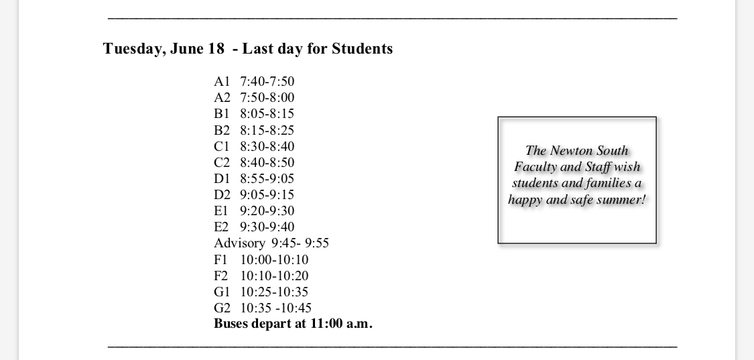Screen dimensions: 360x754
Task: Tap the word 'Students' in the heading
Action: (362, 49)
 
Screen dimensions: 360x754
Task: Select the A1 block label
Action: (222, 82)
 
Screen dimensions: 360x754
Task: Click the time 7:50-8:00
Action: (267, 98)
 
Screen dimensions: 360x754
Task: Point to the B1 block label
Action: (222, 114)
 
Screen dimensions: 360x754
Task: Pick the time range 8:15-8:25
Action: (267, 130)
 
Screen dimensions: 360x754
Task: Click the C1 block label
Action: (222, 146)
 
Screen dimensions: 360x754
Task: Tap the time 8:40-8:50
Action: (267, 162)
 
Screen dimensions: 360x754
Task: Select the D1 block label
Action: (222, 178)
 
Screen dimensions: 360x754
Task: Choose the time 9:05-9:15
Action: (267, 194)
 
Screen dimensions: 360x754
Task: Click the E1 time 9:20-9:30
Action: (267, 211)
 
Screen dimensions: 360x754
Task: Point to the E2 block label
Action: (222, 227)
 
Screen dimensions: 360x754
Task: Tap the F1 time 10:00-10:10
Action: (274, 259)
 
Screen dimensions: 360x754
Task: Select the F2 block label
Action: (221, 276)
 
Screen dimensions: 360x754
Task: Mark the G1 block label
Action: (222, 292)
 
